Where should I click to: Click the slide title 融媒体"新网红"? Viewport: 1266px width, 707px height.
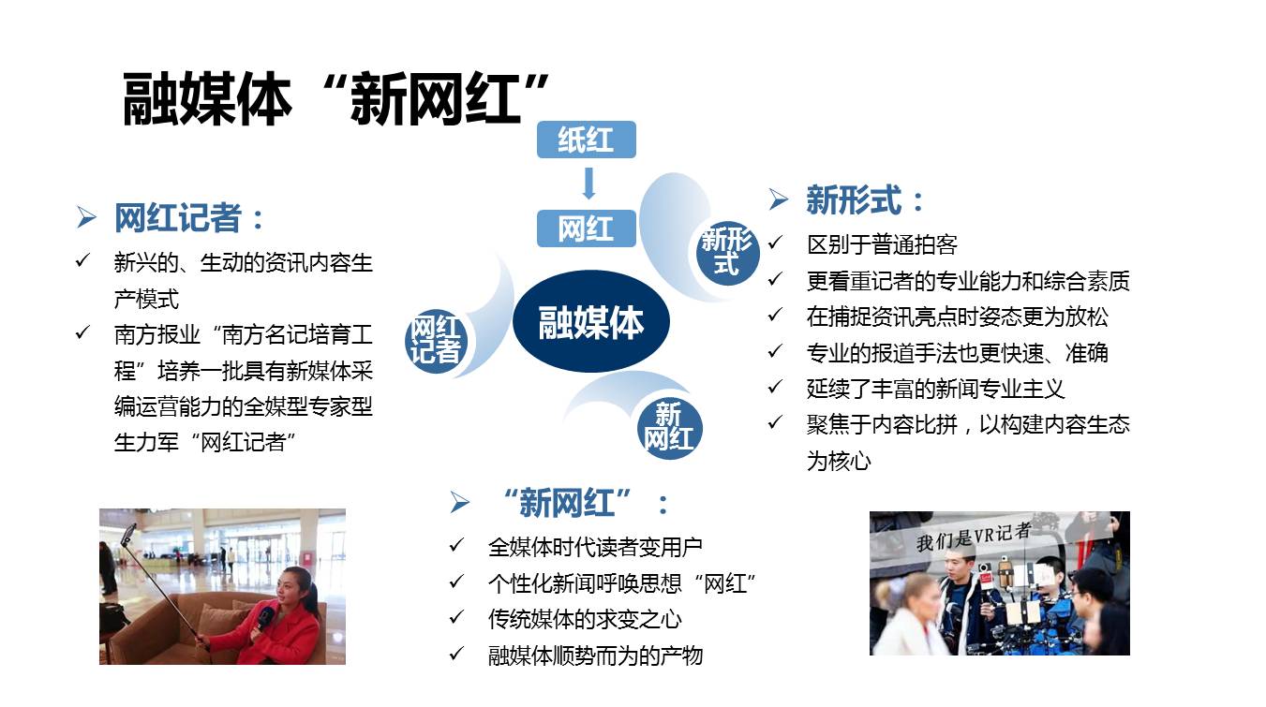pyautogui.click(x=335, y=98)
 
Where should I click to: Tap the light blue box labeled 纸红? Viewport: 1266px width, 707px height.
pyautogui.click(x=586, y=140)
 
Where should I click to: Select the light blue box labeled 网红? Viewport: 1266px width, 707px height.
pyautogui.click(x=586, y=228)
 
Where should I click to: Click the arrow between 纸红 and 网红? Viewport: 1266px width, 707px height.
pyautogui.click(x=588, y=184)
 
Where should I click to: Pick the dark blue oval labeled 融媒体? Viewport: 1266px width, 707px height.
pyautogui.click(x=590, y=322)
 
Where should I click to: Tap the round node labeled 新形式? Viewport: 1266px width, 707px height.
pyautogui.click(x=727, y=252)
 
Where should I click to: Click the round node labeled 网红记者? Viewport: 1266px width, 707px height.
pyautogui.click(x=436, y=340)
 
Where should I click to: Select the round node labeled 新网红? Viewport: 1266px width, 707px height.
pyautogui.click(x=669, y=427)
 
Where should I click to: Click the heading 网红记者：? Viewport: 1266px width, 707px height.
pyautogui.click(x=189, y=218)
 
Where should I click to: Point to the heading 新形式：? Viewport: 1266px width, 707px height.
pyautogui.click(x=866, y=199)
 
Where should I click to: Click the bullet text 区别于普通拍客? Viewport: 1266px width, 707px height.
pyautogui.click(x=882, y=245)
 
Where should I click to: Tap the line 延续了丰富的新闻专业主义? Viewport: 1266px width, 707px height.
pyautogui.click(x=935, y=389)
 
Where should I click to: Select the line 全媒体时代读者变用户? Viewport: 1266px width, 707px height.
pyautogui.click(x=595, y=546)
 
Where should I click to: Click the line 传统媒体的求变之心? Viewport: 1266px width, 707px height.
pyautogui.click(x=585, y=619)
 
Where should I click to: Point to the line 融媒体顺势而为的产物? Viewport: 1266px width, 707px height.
pyautogui.click(x=595, y=655)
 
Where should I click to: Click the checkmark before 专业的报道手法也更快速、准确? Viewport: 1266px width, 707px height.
pyautogui.click(x=775, y=352)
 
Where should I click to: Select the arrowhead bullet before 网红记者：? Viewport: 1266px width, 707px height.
pyautogui.click(x=86, y=219)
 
